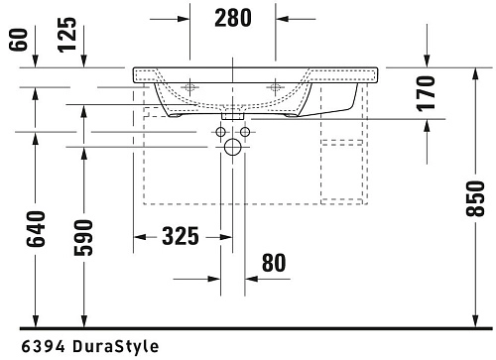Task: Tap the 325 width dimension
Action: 179,236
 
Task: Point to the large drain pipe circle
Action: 233,149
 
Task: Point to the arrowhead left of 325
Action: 140,236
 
